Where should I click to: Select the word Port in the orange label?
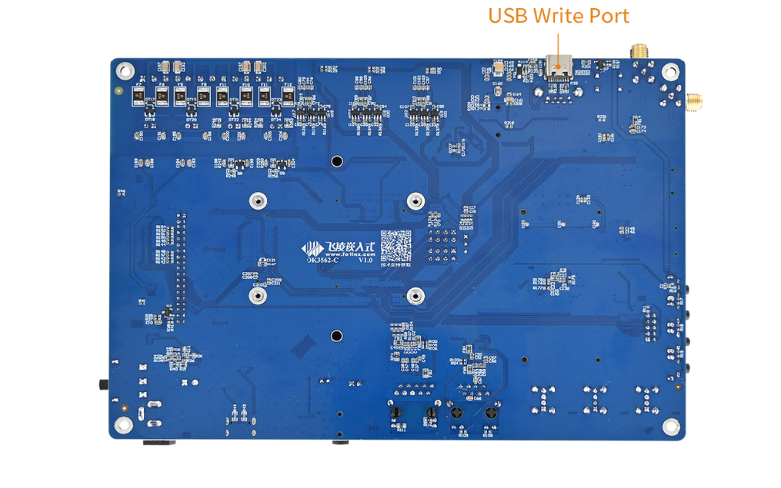[x=609, y=17]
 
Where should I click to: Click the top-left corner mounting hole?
[x=124, y=70]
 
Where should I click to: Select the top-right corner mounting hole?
[x=670, y=71]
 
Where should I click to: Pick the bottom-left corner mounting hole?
[x=124, y=425]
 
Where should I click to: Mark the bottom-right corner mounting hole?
[x=671, y=426]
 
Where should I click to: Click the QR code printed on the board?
[x=394, y=243]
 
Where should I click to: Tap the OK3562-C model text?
[x=324, y=261]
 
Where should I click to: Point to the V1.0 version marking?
[x=365, y=261]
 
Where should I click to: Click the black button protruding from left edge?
[x=103, y=384]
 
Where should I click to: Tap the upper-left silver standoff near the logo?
[x=257, y=202]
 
